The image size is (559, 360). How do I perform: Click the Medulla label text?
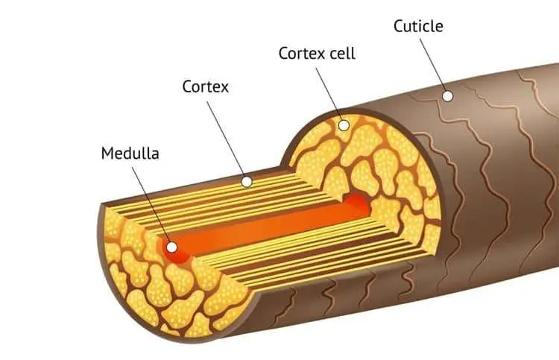point(130,154)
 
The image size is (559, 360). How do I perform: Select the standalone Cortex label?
point(205,86)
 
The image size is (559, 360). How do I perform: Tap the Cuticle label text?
point(418,27)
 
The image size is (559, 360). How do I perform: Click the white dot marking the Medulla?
point(172,247)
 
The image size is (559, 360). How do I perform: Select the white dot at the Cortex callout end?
point(247,181)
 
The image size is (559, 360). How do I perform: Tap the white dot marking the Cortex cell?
point(344,125)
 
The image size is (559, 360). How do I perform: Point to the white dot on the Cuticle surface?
point(446,96)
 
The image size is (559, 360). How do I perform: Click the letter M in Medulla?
point(107,154)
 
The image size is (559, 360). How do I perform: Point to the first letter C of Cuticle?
point(398,27)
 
